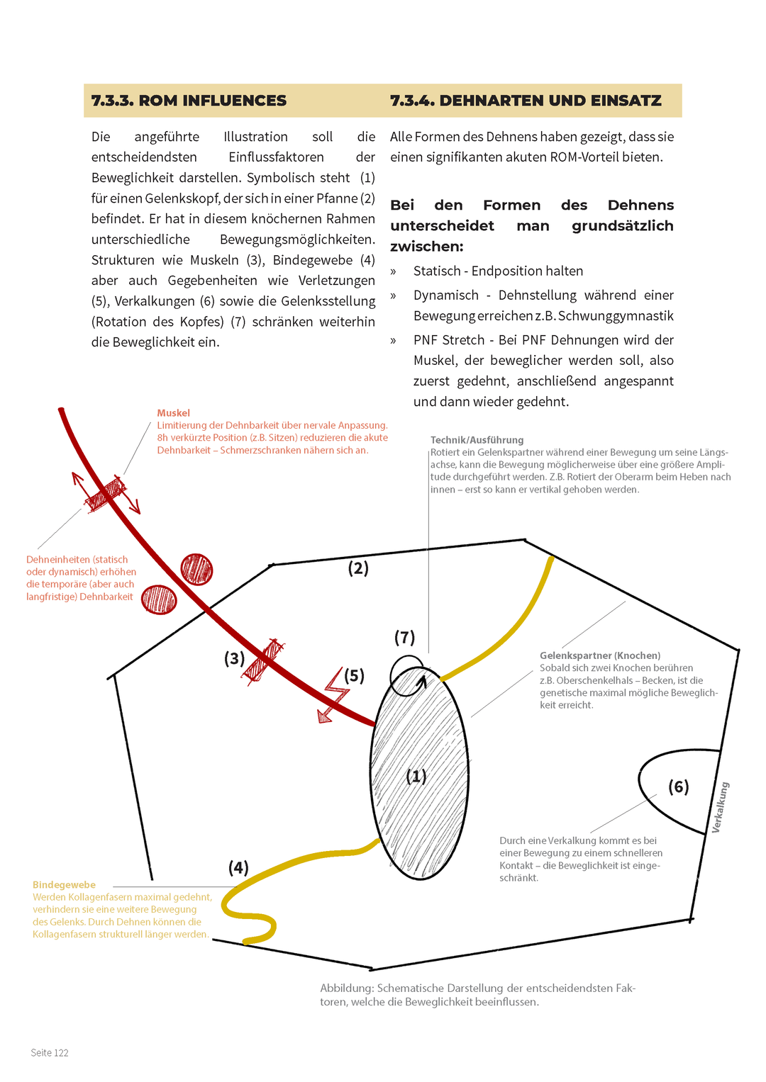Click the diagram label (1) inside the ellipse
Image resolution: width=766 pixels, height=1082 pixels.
[x=416, y=777]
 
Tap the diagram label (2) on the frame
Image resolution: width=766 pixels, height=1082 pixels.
[x=358, y=568]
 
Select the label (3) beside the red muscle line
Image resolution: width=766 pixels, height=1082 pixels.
[x=234, y=659]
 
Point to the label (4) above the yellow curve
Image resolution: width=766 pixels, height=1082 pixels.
[x=238, y=868]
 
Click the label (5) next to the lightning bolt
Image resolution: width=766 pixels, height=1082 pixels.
[x=355, y=676]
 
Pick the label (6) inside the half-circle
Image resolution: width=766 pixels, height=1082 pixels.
[x=679, y=787]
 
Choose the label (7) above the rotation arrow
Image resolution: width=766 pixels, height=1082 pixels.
[x=404, y=638]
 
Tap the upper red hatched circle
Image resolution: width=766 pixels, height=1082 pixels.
[x=196, y=569]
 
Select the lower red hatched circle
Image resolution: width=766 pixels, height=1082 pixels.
[x=159, y=599]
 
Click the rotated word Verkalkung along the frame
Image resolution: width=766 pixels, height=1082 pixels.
[x=720, y=807]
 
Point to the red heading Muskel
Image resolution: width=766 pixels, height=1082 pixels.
[x=174, y=413]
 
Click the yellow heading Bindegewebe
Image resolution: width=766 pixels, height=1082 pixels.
[x=64, y=885]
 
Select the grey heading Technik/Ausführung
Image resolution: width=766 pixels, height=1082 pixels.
[x=477, y=440]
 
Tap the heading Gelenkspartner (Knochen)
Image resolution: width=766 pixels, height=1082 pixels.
[x=600, y=656]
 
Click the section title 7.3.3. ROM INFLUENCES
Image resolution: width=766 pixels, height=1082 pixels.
[x=189, y=101]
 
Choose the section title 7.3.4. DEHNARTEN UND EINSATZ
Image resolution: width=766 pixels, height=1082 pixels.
[x=526, y=101]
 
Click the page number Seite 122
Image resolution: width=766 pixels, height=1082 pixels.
[x=50, y=1053]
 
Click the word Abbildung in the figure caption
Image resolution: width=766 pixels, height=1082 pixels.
[x=346, y=988]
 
